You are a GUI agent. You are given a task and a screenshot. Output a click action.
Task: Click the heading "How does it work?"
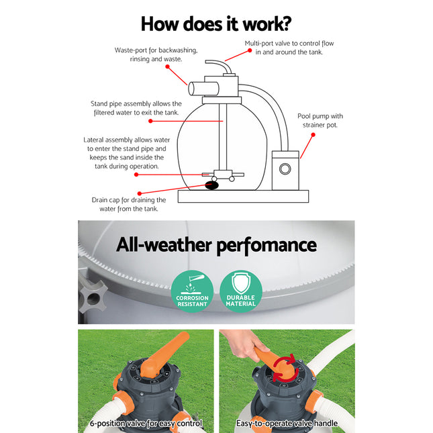point(215,23)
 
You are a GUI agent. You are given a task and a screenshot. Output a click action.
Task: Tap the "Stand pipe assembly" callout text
point(136,109)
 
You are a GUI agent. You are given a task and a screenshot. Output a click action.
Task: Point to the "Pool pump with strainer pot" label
point(320,120)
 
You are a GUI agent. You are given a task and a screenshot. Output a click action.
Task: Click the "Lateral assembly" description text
point(123,152)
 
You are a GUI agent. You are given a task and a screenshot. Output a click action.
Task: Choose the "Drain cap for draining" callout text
point(129,204)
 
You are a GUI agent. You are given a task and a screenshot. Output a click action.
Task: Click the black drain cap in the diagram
point(211,187)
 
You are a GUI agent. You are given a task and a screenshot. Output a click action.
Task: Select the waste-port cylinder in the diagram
point(200,88)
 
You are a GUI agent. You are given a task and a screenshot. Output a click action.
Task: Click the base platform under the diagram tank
point(243,196)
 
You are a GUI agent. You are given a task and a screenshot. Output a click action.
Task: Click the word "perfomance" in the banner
point(265,244)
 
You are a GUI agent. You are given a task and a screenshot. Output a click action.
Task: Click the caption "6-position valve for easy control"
point(146,424)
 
